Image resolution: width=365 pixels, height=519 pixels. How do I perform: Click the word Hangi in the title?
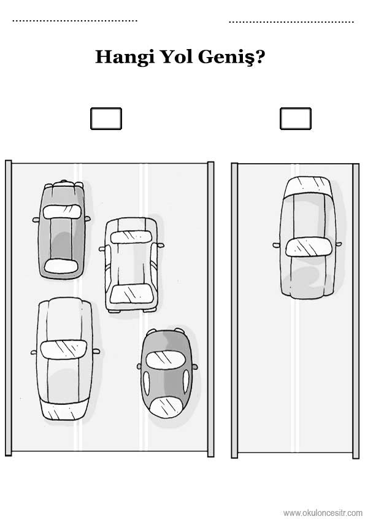(125, 57)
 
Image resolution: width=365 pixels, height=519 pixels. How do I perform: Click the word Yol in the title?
(177, 56)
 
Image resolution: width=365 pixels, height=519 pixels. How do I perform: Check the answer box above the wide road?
(106, 118)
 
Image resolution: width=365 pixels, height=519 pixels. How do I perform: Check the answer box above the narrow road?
(296, 118)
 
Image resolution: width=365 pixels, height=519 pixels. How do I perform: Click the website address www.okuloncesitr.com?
(323, 513)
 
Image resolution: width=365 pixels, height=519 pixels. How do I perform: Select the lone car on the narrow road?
(308, 237)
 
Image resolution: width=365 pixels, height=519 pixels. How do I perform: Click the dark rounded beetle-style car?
(167, 373)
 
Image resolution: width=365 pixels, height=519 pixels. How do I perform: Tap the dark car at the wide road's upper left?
(61, 229)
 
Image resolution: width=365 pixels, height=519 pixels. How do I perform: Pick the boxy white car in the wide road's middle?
(132, 265)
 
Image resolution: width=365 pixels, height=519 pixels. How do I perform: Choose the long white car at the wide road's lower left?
(64, 358)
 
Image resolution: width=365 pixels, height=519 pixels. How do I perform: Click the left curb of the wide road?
(8, 308)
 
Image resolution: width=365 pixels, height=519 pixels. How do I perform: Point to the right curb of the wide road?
(211, 309)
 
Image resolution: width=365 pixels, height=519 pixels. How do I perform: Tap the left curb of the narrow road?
(234, 310)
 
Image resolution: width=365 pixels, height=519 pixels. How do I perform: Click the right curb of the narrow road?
(356, 311)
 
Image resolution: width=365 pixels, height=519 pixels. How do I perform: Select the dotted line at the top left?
(75, 20)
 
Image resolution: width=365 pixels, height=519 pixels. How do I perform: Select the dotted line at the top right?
(291, 22)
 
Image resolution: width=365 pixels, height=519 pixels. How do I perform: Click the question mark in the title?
(260, 56)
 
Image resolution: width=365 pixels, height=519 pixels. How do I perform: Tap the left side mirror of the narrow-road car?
(276, 245)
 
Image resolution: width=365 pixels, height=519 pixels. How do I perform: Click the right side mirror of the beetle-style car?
(195, 367)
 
